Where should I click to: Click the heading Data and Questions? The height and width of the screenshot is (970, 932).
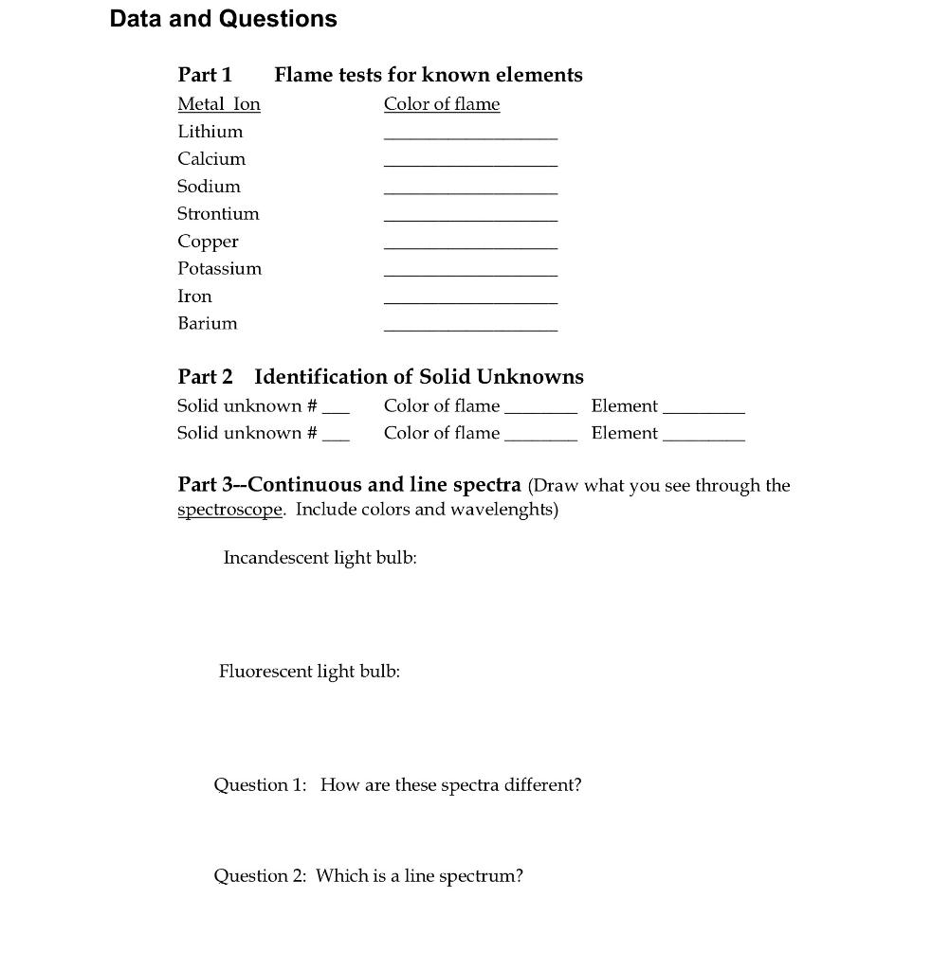point(223,19)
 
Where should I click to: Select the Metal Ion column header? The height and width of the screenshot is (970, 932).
point(219,104)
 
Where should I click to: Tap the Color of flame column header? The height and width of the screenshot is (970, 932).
point(442,104)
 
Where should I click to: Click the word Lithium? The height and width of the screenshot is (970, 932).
point(210,132)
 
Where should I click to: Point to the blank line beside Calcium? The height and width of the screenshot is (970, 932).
point(470,166)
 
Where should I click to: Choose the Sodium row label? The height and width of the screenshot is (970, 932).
point(210,187)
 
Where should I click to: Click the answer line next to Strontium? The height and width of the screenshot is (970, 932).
point(470,221)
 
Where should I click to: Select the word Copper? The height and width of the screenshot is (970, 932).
point(209,242)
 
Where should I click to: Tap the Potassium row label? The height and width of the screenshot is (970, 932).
point(220,269)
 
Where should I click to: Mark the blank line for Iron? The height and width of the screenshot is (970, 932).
point(470,303)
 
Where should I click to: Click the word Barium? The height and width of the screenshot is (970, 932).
point(208,324)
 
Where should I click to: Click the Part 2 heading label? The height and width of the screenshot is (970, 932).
point(205,377)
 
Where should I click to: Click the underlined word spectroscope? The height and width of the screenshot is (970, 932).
point(230,511)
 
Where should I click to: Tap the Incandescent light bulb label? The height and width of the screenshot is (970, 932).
point(320,558)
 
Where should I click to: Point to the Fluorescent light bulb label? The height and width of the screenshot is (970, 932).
point(309,672)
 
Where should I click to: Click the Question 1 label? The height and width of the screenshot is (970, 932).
point(260,785)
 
